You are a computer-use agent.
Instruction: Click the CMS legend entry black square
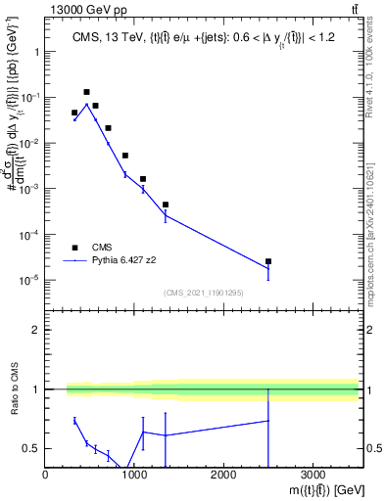74,248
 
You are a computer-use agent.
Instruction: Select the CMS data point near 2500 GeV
268,261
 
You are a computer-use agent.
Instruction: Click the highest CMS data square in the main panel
86,92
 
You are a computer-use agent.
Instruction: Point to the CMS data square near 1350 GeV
166,205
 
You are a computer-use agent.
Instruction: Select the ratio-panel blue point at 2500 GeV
268,421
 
